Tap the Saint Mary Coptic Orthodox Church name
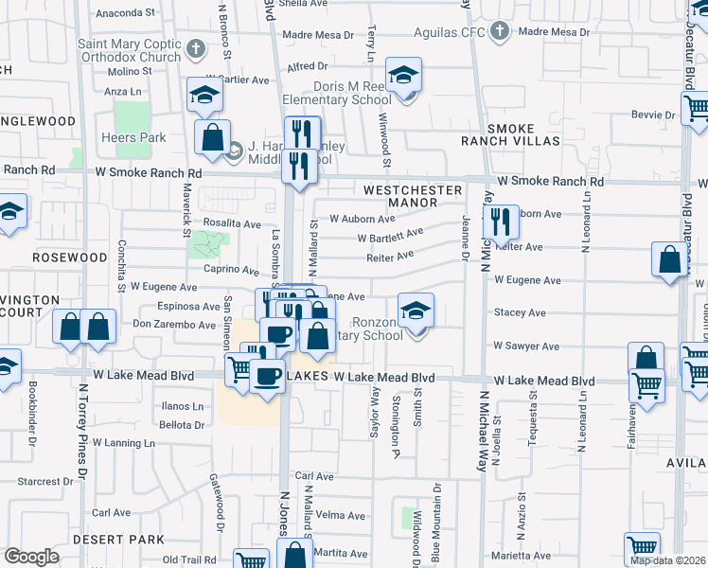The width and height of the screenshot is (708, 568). point(129,49)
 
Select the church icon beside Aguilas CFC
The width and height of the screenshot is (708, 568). point(498,32)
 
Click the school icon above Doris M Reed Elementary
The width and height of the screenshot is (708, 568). point(404,77)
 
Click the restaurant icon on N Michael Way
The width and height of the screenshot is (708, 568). point(501,222)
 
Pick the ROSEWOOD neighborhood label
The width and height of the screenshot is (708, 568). point(70,257)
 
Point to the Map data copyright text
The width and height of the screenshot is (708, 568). point(668,560)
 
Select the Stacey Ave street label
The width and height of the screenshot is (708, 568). point(520,312)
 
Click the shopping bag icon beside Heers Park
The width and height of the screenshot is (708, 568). point(212,137)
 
